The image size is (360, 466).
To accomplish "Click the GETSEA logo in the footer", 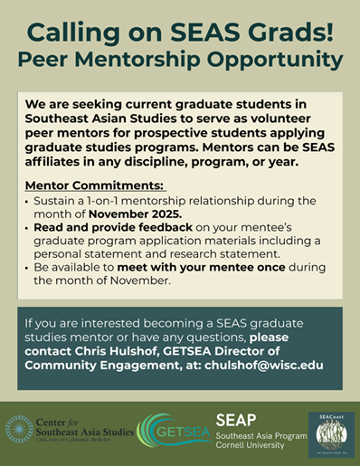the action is point(174,429).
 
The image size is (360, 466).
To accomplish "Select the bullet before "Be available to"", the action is point(26,269).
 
